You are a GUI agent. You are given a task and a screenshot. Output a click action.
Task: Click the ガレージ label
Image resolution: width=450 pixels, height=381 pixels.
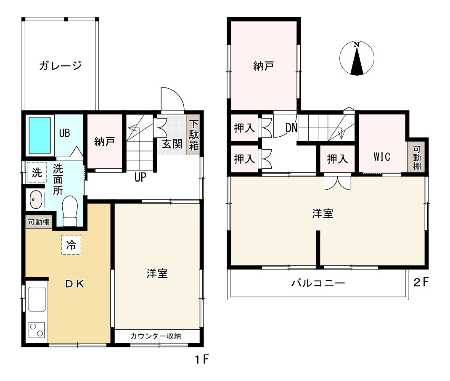[x=60, y=66]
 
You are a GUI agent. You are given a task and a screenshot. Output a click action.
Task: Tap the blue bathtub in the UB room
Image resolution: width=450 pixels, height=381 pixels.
[x=40, y=135]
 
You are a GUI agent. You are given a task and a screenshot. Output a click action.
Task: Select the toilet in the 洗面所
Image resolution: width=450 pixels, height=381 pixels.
[x=70, y=211]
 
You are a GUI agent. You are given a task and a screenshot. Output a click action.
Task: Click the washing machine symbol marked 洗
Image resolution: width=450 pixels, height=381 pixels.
[x=37, y=172]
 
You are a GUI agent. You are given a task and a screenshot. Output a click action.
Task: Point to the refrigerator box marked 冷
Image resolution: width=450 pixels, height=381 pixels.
[x=71, y=245]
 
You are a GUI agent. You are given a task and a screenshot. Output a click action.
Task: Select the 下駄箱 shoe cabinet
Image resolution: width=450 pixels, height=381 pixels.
[x=193, y=135]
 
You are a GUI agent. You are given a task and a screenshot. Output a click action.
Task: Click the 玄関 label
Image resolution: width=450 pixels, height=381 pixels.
[x=172, y=144]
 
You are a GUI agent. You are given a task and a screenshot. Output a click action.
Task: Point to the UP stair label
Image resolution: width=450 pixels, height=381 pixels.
[x=140, y=177]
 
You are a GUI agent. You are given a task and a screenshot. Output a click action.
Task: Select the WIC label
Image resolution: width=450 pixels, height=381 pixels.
[x=382, y=157]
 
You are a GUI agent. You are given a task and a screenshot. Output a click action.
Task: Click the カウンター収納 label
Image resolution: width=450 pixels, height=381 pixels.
[x=156, y=336]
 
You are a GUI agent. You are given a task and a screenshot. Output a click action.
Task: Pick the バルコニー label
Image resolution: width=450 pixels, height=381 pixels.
[x=318, y=283]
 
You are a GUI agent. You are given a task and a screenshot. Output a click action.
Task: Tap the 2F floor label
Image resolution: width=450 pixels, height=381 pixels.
[x=421, y=282]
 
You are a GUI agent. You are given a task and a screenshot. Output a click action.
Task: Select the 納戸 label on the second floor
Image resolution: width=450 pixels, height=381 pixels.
[x=264, y=66]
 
